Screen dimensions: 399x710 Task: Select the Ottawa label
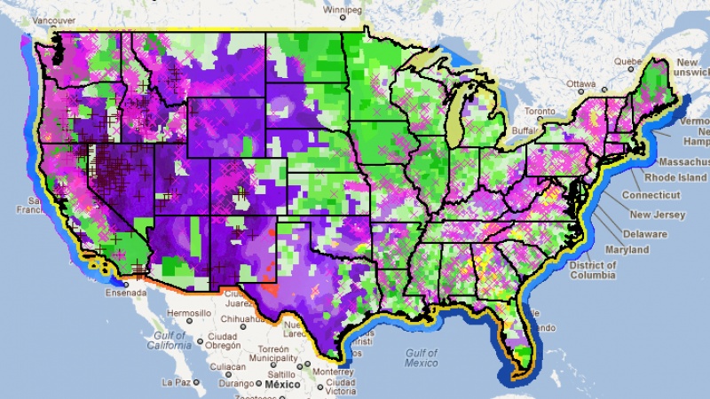click(582, 84)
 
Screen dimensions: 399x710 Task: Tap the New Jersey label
click(657, 215)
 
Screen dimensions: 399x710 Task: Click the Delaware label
click(644, 234)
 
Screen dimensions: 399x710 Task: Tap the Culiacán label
click(228, 365)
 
